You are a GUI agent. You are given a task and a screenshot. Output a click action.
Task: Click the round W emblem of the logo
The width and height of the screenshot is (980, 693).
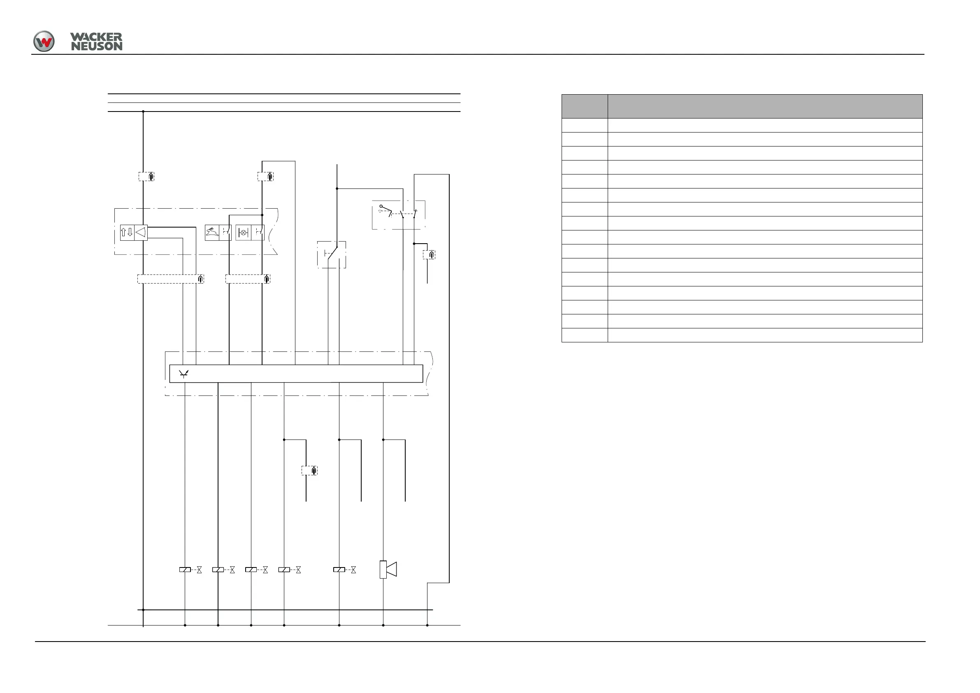[44, 42]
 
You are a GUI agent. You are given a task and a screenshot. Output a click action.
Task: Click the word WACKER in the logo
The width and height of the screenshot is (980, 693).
[96, 37]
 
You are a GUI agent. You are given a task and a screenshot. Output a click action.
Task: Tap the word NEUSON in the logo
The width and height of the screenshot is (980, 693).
[96, 46]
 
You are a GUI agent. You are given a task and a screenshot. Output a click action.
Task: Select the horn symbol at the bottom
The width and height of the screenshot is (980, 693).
[388, 569]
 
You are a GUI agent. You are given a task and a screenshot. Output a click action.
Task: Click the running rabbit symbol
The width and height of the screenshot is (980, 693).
[212, 232]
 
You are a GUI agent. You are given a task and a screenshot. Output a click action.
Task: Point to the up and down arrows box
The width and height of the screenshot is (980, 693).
[127, 232]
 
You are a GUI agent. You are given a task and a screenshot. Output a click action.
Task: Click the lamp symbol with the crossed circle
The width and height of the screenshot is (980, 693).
[243, 233]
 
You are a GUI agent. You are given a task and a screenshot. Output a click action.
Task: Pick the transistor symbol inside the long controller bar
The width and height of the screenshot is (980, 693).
[183, 374]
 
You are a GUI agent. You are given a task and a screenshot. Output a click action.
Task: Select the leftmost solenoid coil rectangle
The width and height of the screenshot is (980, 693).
[185, 570]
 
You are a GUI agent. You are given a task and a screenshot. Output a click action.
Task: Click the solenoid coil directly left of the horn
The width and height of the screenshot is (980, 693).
[339, 570]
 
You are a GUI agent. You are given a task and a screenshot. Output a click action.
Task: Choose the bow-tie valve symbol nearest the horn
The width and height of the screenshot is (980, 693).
[353, 570]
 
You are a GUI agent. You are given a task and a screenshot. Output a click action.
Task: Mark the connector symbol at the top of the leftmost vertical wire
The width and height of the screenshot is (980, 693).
[146, 177]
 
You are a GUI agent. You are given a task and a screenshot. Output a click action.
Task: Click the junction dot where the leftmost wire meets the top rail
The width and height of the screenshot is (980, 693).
[143, 112]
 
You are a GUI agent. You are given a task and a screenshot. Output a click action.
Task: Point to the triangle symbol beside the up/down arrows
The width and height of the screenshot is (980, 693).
[141, 232]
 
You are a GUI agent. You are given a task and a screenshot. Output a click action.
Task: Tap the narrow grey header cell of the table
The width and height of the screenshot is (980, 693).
[584, 106]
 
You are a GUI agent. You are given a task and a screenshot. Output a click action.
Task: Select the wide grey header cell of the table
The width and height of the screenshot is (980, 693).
[765, 106]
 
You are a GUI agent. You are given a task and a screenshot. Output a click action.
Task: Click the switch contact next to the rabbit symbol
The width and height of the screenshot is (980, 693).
[225, 232]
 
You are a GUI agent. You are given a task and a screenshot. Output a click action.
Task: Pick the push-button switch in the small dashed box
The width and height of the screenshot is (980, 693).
[332, 254]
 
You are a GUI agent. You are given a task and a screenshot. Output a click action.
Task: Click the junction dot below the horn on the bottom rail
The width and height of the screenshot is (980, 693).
[383, 625]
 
